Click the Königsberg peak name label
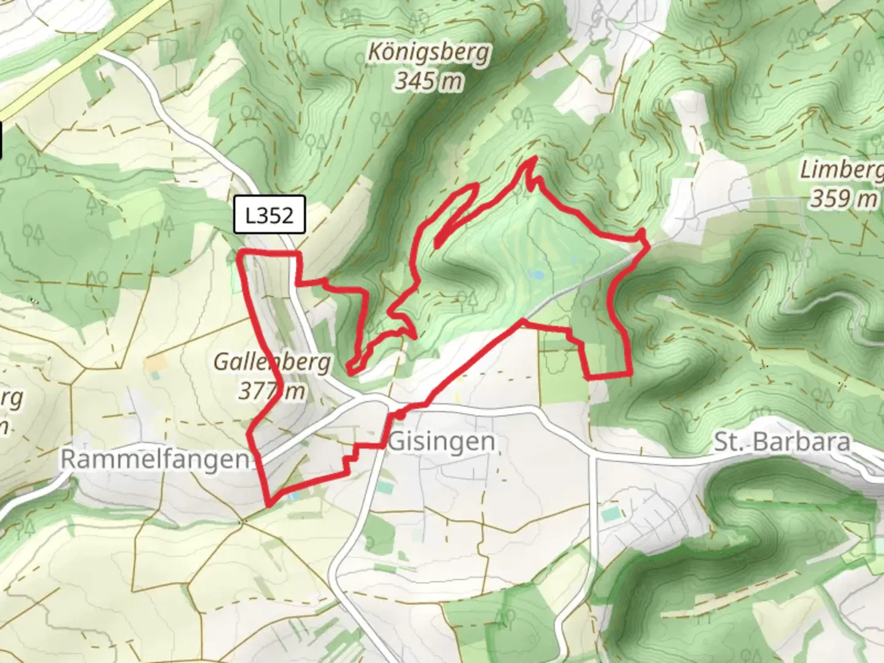428,53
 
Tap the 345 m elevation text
428,80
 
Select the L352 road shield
269,215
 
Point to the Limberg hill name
841,169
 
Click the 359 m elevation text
843,198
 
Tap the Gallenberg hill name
272,362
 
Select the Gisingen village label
442,441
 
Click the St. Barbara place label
782,442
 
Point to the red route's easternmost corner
648,245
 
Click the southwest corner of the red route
269,505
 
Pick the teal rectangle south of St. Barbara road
611,515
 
